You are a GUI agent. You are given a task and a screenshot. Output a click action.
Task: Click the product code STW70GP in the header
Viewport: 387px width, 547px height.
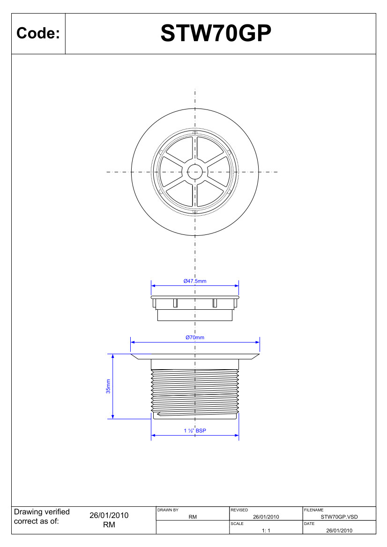tap(216, 34)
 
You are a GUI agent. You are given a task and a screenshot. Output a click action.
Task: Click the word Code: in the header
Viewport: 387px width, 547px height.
tap(38, 34)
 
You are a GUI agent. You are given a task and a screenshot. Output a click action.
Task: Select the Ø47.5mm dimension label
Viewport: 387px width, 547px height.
tap(195, 281)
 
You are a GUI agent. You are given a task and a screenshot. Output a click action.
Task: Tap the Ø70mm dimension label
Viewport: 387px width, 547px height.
tap(195, 337)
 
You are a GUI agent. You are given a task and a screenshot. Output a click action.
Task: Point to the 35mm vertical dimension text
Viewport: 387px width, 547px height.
tap(108, 386)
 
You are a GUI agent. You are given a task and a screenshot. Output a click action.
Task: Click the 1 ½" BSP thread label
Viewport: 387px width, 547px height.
tap(195, 430)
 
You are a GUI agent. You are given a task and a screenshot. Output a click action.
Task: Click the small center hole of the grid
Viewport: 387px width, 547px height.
tap(195, 172)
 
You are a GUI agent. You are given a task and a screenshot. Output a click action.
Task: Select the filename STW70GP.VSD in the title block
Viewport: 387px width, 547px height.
tap(339, 517)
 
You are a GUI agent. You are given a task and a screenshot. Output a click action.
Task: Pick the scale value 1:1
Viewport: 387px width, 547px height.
tap(266, 531)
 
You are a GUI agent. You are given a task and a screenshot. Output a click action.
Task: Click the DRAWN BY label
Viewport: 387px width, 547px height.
tap(168, 510)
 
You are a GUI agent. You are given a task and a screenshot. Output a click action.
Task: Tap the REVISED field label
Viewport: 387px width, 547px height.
tap(239, 510)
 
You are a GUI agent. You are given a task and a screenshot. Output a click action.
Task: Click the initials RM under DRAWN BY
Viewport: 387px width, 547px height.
tap(192, 517)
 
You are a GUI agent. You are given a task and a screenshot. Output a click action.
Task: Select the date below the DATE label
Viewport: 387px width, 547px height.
tap(339, 531)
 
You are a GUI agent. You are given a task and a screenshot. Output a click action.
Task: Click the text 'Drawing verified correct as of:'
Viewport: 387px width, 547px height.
tap(42, 517)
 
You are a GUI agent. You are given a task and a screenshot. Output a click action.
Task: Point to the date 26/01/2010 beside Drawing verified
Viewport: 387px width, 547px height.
tap(109, 515)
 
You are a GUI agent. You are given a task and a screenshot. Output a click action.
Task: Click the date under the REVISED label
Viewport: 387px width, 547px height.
tap(266, 517)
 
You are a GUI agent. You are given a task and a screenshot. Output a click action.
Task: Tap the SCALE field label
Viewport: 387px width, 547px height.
tap(237, 524)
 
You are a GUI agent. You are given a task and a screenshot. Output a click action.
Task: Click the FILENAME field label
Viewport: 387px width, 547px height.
tap(313, 510)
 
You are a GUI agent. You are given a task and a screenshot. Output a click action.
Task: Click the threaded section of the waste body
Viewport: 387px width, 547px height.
tap(195, 391)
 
